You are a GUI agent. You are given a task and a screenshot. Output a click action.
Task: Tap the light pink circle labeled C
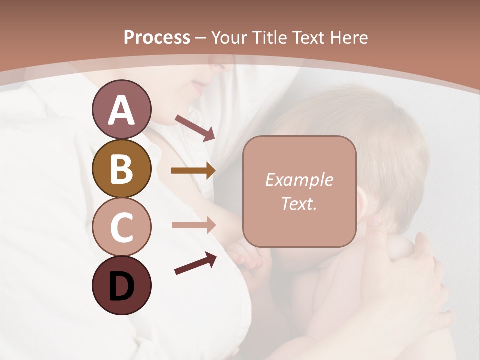pyautogui.click(x=121, y=227)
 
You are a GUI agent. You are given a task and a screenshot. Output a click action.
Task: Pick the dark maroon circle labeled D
pyautogui.click(x=121, y=286)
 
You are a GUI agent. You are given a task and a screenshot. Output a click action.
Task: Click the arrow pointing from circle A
pyautogui.click(x=195, y=128)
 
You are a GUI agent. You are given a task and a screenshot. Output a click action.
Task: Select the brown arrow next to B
pyautogui.click(x=193, y=171)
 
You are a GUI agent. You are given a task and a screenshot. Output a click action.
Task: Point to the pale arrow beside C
pyautogui.click(x=193, y=225)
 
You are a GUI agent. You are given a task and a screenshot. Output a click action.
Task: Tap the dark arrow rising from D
pyautogui.click(x=195, y=263)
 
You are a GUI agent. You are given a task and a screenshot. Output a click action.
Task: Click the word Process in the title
pyautogui.click(x=157, y=37)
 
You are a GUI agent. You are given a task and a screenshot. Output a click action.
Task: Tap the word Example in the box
pyautogui.click(x=299, y=180)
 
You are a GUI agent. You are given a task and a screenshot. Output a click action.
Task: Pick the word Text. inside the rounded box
pyautogui.click(x=299, y=203)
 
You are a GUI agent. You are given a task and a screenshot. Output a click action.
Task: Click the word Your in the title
pyautogui.click(x=228, y=37)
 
